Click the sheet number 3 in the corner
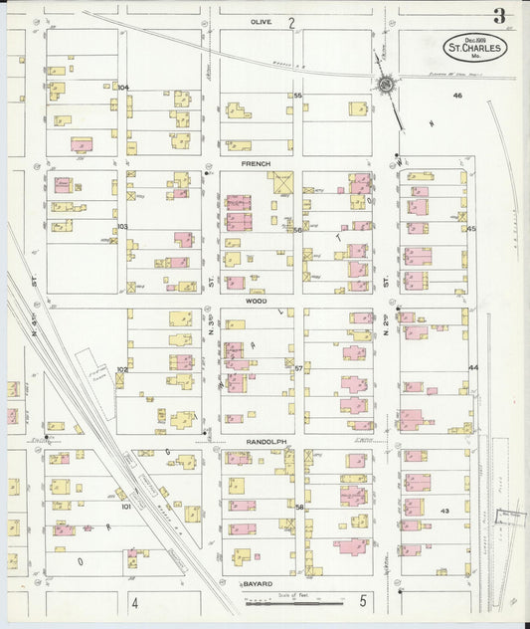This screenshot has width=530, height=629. pos(498,15)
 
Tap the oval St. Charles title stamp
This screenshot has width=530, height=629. pos(475,47)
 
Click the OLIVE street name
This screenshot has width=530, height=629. pos(261,21)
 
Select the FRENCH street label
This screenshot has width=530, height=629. pos(256,161)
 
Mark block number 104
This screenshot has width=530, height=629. pos(122,88)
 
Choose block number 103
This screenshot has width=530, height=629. pos(122,227)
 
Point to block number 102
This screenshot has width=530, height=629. pos(122,369)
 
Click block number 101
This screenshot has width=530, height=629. pos(125,506)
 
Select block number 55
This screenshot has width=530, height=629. pos(297,96)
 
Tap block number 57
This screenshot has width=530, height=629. pos(297,368)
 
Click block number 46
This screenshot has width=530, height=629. pos(457,96)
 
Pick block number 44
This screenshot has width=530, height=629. pos(473,367)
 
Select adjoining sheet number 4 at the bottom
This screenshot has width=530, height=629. pos(133,603)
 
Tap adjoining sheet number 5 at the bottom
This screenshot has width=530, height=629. pos(363,601)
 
